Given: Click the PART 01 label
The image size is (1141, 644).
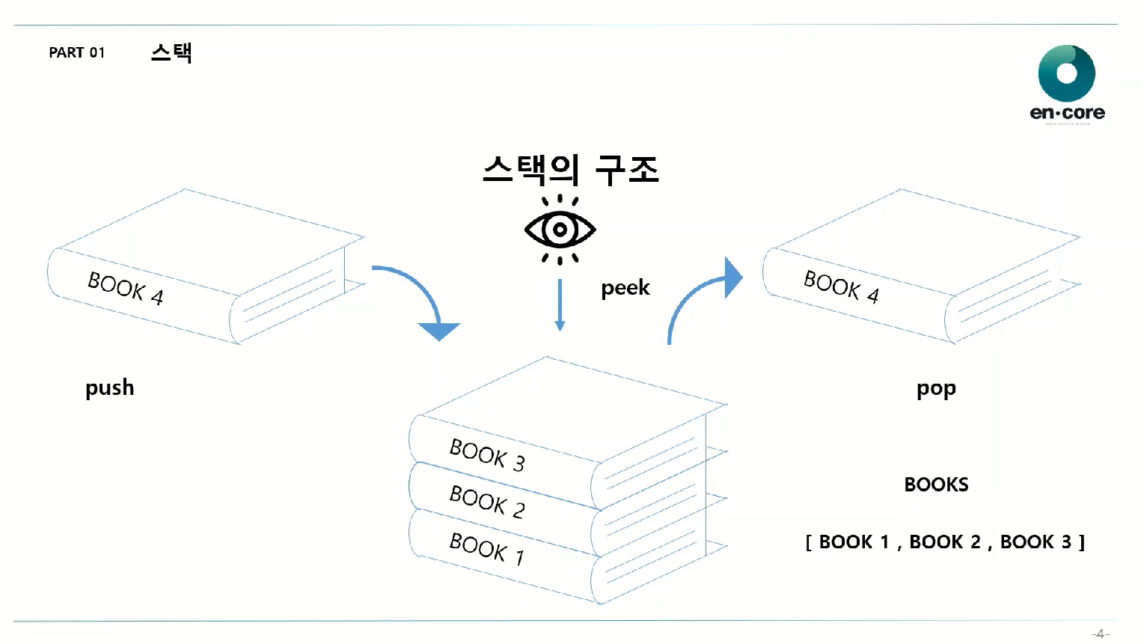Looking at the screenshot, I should point(77,52).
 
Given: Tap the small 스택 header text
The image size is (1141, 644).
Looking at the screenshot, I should point(171,52).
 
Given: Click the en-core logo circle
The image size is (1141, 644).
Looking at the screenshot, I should point(1066,73).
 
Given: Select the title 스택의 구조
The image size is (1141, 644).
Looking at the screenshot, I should point(570,170).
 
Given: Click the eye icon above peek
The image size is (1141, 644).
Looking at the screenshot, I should point(560,229).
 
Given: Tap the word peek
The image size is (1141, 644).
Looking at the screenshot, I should point(625,288).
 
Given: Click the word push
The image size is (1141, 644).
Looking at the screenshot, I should point(109,387).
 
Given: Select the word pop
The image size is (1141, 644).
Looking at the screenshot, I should point(936,389).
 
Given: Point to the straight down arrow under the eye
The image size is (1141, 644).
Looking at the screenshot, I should point(560,305).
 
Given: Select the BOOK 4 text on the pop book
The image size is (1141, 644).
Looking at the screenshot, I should point(841,286).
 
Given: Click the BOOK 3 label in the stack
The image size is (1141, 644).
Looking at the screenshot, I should point(487,455).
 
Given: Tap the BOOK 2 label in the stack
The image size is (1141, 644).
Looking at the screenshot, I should point(487,501).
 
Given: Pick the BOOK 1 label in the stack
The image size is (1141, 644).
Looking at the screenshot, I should point(487,548).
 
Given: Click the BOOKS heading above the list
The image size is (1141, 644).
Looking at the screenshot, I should point(936,485).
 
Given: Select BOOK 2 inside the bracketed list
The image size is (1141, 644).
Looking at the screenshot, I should point(944,542).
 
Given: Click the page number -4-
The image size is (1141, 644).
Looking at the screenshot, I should point(1100,634).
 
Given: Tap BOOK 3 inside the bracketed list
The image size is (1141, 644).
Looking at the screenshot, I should point(1036,542).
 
